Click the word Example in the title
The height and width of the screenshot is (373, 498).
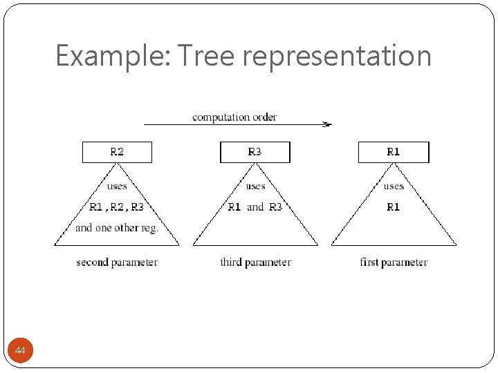112,56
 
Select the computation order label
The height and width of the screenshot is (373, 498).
234,117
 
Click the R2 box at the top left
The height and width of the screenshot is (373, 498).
117,152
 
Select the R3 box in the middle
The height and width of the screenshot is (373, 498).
255,152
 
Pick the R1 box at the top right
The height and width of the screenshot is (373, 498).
394,152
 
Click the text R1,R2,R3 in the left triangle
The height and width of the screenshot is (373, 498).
117,207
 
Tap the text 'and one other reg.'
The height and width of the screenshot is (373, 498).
117,227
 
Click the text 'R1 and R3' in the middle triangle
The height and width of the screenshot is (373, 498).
255,207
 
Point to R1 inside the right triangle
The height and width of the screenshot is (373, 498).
394,207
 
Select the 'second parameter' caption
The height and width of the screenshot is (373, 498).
117,262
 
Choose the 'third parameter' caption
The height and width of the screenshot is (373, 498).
255,262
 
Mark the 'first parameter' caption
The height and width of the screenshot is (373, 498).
394,262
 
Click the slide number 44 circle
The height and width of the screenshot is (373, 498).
20,352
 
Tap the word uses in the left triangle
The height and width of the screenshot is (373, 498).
117,186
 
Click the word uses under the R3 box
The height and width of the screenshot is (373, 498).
255,186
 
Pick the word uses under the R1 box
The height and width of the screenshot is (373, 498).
394,186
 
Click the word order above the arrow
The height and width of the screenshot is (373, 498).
264,117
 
